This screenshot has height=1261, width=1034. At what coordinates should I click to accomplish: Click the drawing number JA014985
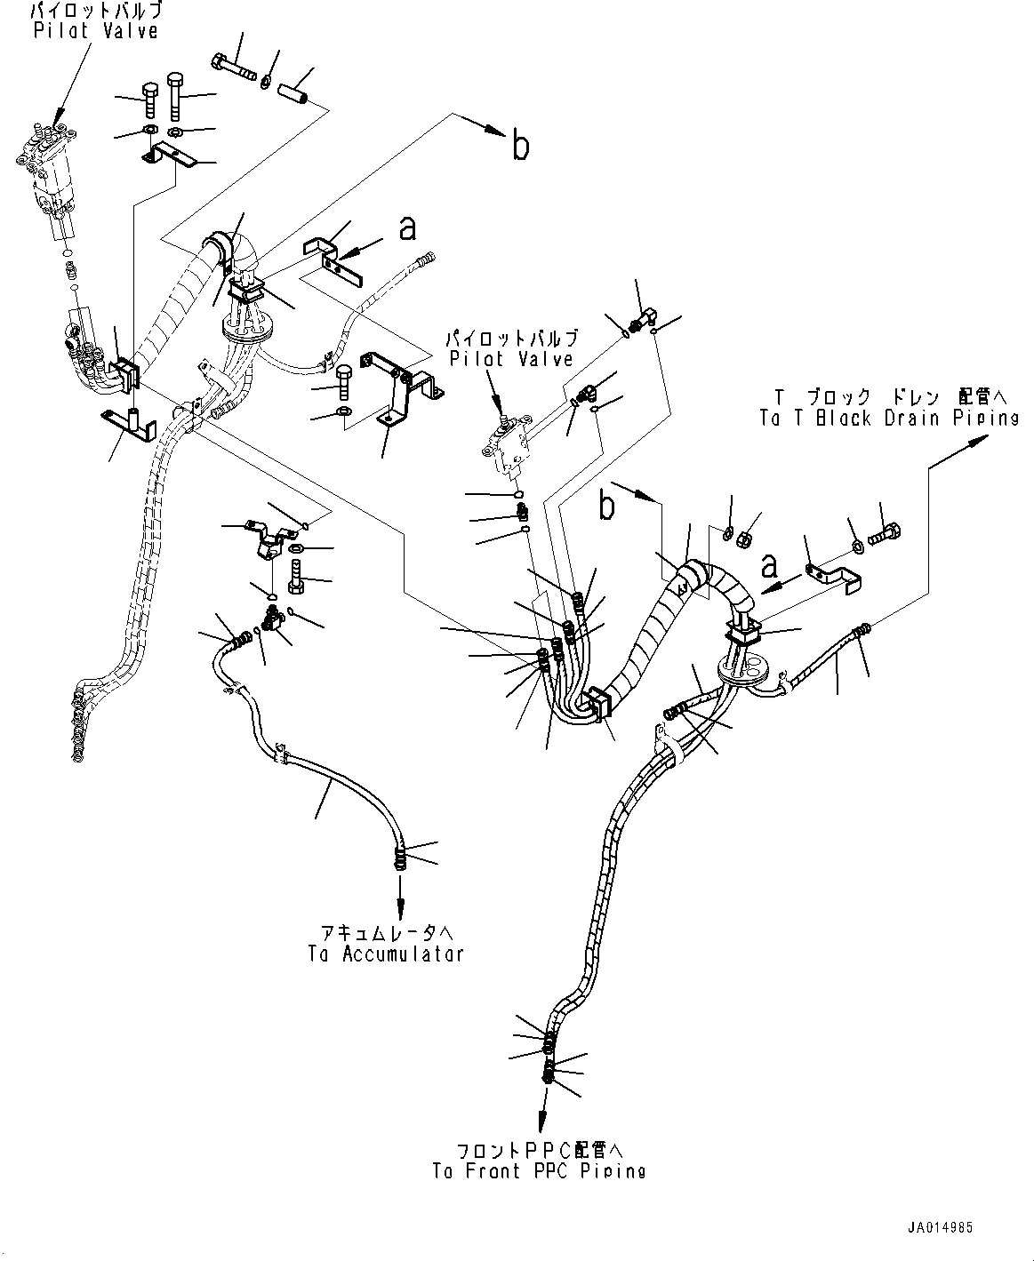[x=940, y=1227]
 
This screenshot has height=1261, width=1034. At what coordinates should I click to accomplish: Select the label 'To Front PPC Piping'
[x=539, y=1170]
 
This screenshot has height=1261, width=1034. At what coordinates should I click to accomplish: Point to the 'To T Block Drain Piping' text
[x=889, y=419]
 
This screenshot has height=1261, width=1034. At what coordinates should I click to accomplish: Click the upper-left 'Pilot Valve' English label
[x=95, y=30]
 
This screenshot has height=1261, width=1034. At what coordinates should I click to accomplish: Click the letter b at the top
[x=520, y=146]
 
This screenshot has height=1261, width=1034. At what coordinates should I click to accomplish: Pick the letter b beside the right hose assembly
[x=607, y=507]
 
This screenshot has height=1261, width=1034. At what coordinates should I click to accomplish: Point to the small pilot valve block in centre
[x=509, y=449]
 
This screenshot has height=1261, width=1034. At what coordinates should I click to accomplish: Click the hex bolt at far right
[x=886, y=536]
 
